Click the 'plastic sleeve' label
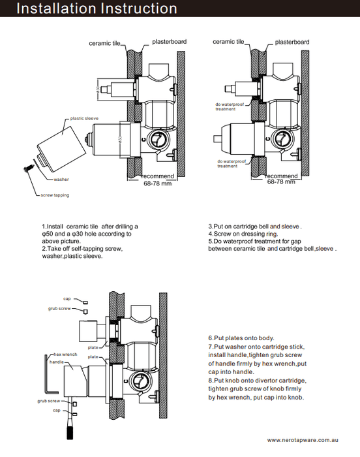point(84,118)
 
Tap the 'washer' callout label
point(61,180)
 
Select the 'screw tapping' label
point(55,195)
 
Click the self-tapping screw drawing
point(28,168)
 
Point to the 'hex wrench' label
point(65,355)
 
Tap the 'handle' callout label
point(57,362)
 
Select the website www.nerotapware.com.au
point(303,440)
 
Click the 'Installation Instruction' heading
point(97,8)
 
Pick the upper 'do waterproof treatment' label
point(230,106)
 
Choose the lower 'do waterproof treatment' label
point(232,163)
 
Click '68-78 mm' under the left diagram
point(158,183)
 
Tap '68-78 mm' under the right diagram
point(281,182)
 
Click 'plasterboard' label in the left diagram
point(169,42)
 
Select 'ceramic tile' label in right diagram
point(228,42)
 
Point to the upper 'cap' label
point(67,299)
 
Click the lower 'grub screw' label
point(49,401)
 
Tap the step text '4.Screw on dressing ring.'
point(243,234)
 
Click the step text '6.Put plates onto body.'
point(241,338)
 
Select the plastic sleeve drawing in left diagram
point(62,149)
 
